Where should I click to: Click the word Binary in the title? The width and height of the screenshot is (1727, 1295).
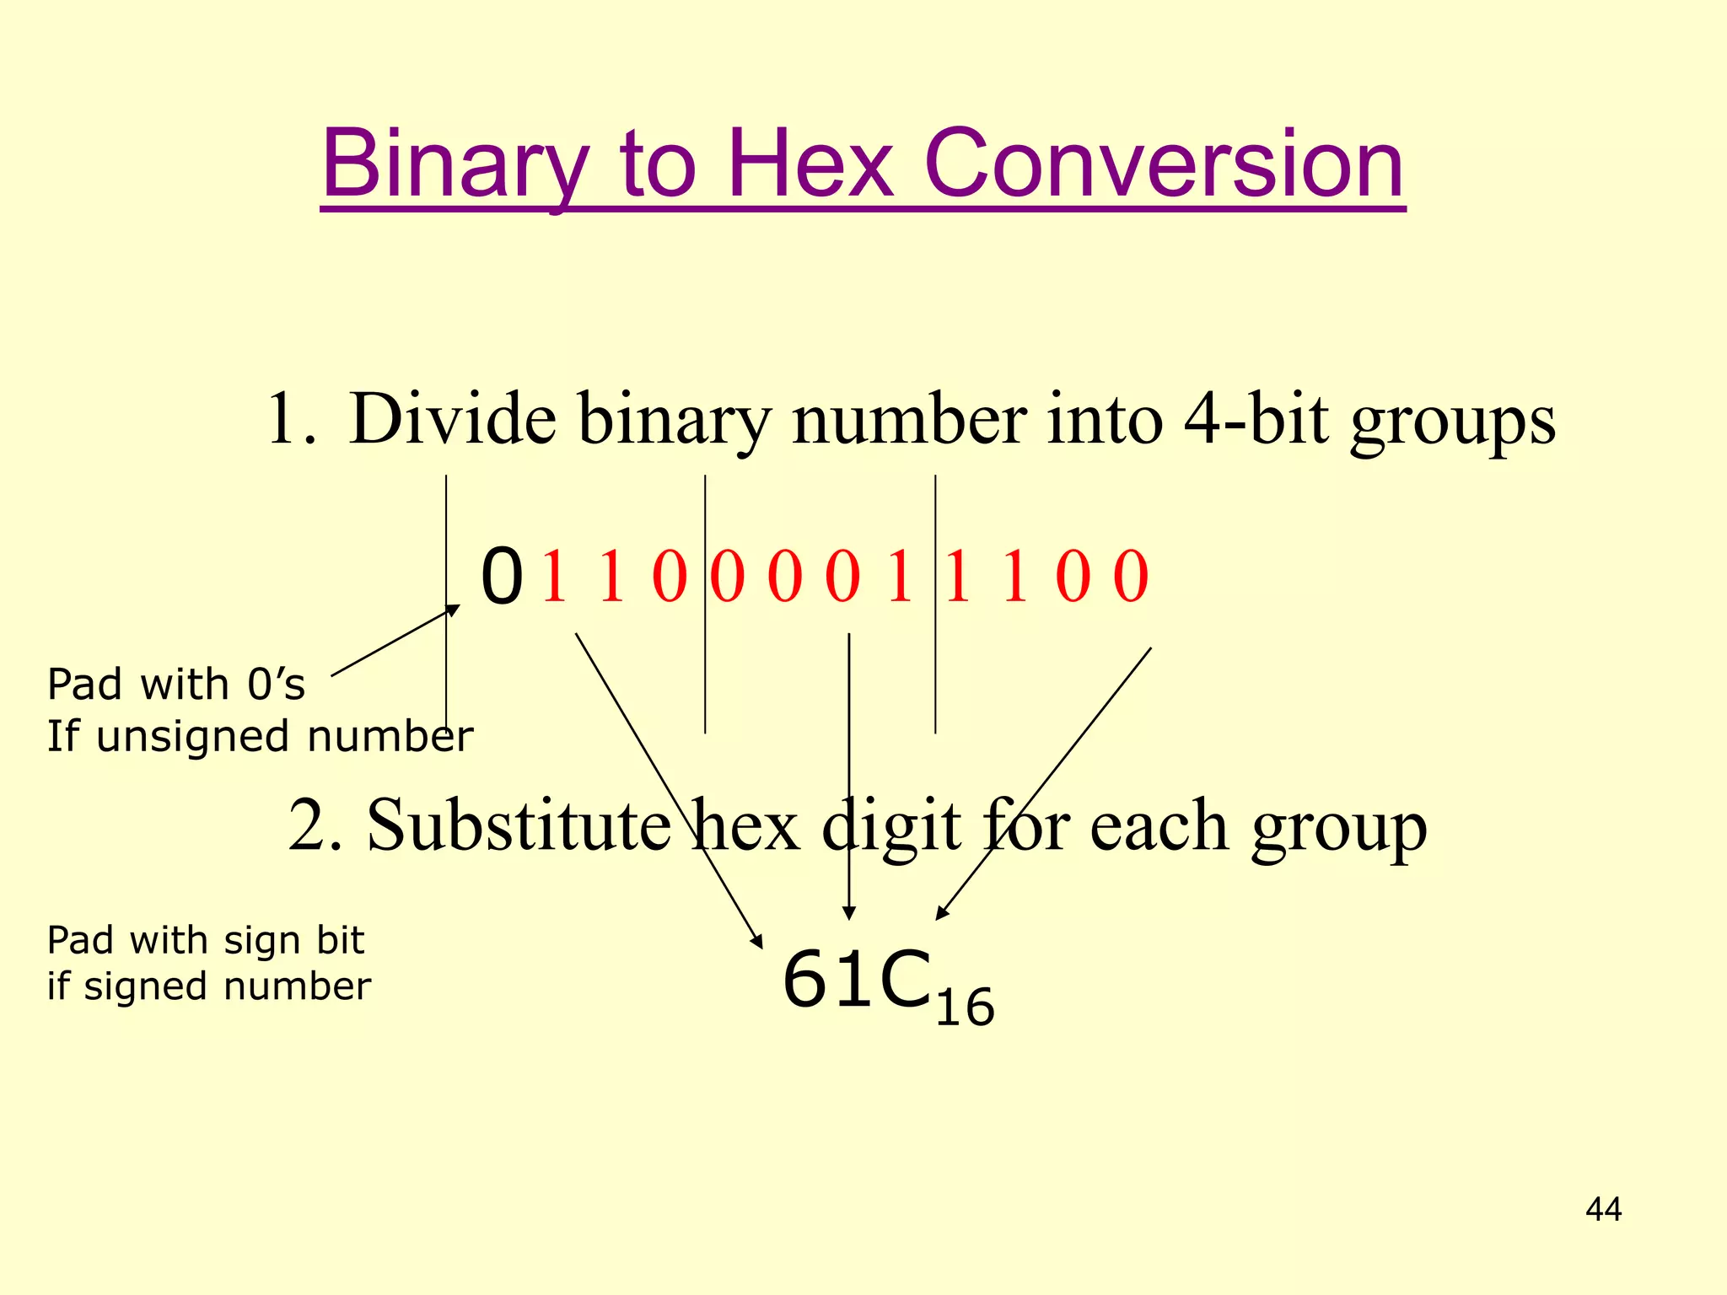pyautogui.click(x=454, y=164)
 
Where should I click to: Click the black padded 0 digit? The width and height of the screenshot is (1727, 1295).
pyautogui.click(x=502, y=577)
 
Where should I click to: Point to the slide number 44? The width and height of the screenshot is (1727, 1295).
pyautogui.click(x=1603, y=1210)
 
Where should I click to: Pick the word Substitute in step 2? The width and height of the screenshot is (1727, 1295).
pyautogui.click(x=519, y=825)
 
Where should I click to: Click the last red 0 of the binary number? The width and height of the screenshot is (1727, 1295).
pyautogui.click(x=1131, y=577)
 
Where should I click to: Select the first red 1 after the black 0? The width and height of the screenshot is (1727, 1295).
pyautogui.click(x=554, y=577)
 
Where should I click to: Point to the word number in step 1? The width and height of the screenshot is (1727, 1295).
pyautogui.click(x=910, y=418)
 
